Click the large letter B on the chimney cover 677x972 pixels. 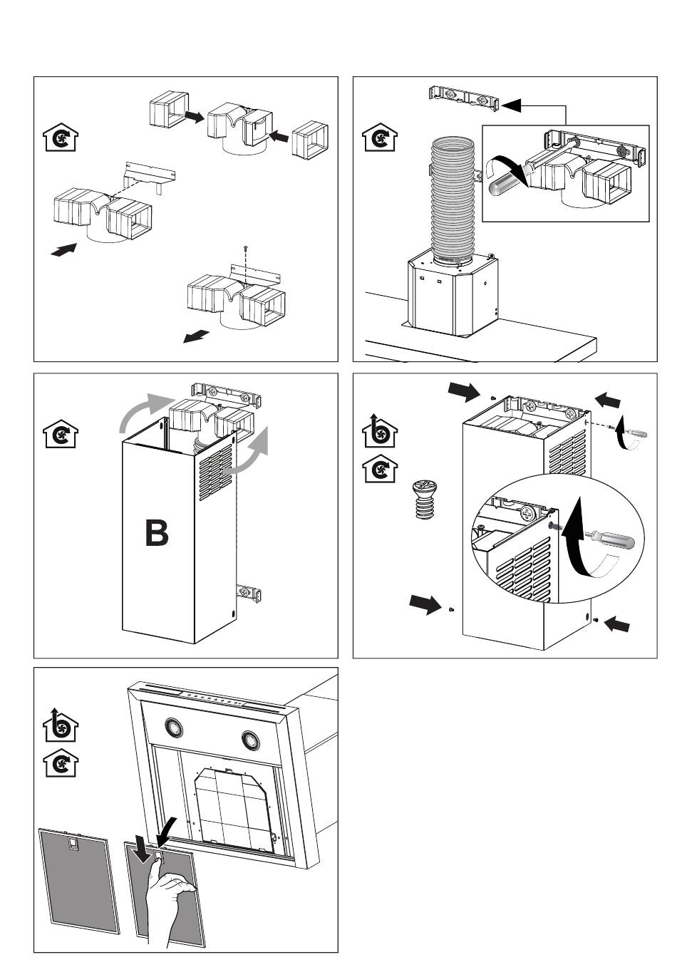tap(157, 533)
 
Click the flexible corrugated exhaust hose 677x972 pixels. tap(453, 200)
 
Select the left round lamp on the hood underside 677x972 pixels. tap(173, 728)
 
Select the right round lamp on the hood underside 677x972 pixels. tap(250, 738)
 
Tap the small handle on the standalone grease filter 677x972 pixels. tap(72, 844)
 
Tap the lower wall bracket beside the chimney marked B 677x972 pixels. tap(249, 592)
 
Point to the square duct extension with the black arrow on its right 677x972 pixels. tap(167, 109)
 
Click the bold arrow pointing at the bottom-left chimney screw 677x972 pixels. tap(425, 604)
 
